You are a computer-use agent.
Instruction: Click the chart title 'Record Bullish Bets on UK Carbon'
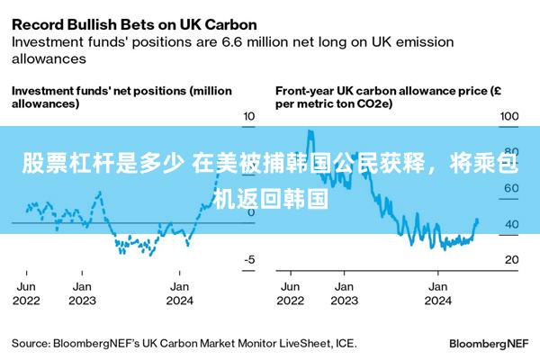134,25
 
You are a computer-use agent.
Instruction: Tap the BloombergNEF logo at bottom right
489,344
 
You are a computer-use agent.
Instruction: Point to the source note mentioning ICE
184,344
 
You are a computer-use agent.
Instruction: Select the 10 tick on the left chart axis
249,116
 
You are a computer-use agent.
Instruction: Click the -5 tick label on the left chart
249,259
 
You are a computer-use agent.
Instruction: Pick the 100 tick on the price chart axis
509,116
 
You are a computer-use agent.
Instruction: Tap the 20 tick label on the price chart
512,259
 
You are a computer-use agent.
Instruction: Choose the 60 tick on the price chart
512,188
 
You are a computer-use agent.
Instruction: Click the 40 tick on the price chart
512,224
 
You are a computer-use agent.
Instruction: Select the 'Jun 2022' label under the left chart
26,293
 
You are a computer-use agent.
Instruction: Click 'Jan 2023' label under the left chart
82,293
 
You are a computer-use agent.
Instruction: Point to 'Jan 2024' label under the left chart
179,293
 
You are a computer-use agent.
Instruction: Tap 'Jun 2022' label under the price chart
291,293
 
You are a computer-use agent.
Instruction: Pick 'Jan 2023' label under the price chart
345,293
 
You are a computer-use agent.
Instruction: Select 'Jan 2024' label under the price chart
438,293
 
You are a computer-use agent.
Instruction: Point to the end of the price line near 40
477,220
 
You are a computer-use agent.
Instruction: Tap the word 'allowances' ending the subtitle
49,58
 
